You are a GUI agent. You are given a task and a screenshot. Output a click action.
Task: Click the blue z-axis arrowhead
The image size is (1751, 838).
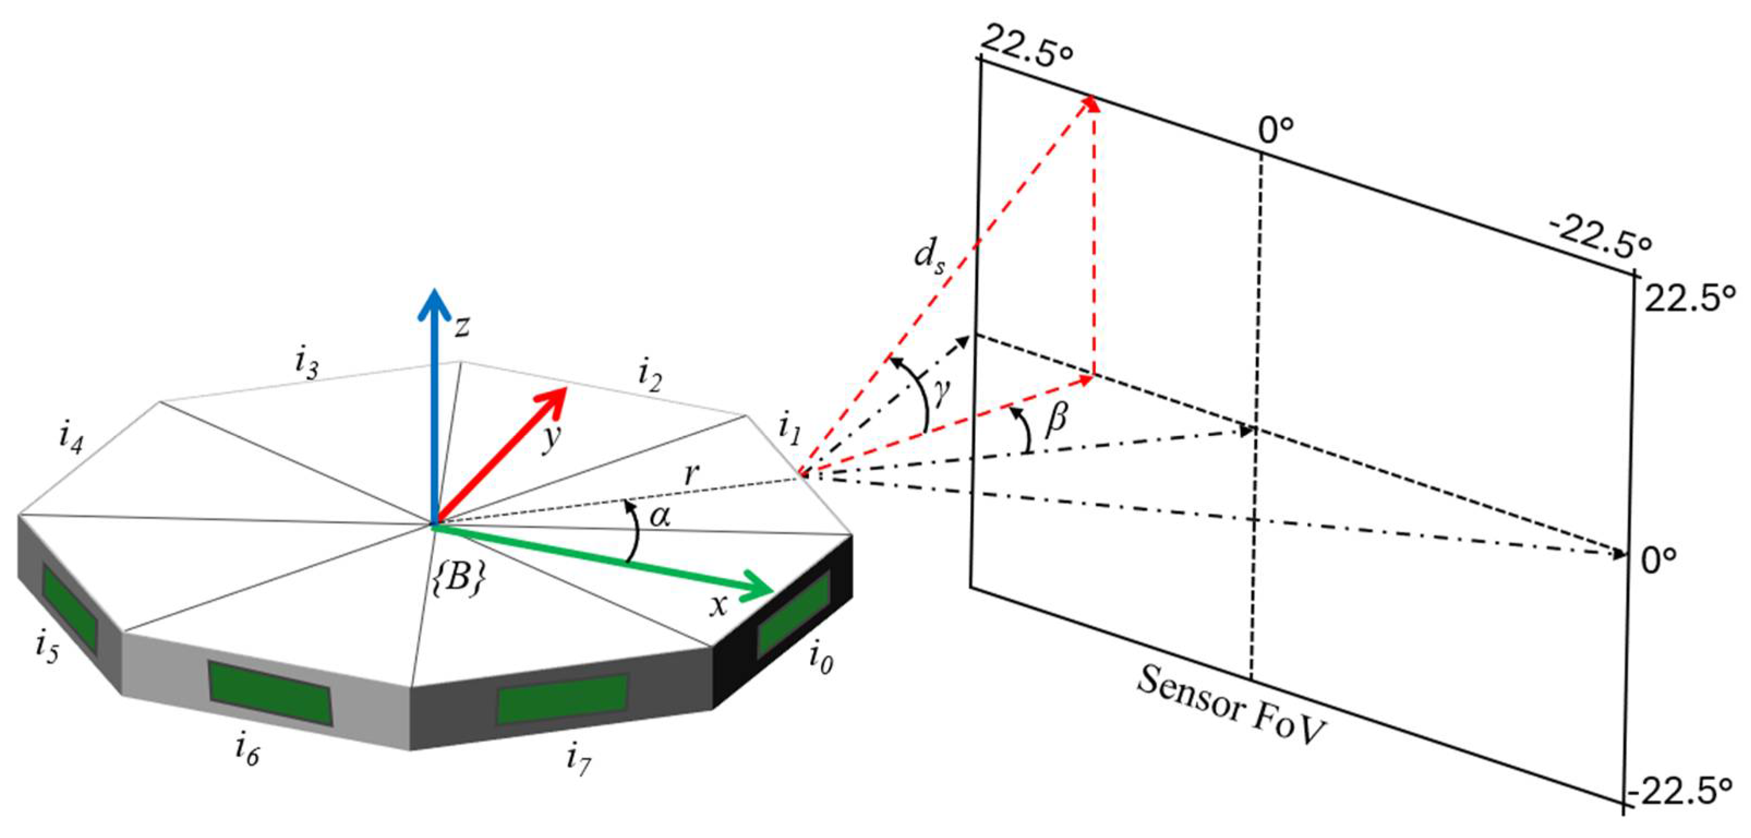434,303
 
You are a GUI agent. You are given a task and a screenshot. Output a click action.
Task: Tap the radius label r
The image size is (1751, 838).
692,474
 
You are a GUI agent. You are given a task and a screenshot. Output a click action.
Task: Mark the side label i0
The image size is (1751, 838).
821,658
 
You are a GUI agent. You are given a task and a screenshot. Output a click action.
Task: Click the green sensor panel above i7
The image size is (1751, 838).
561,698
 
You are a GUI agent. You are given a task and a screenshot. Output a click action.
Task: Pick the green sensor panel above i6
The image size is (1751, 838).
270,692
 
